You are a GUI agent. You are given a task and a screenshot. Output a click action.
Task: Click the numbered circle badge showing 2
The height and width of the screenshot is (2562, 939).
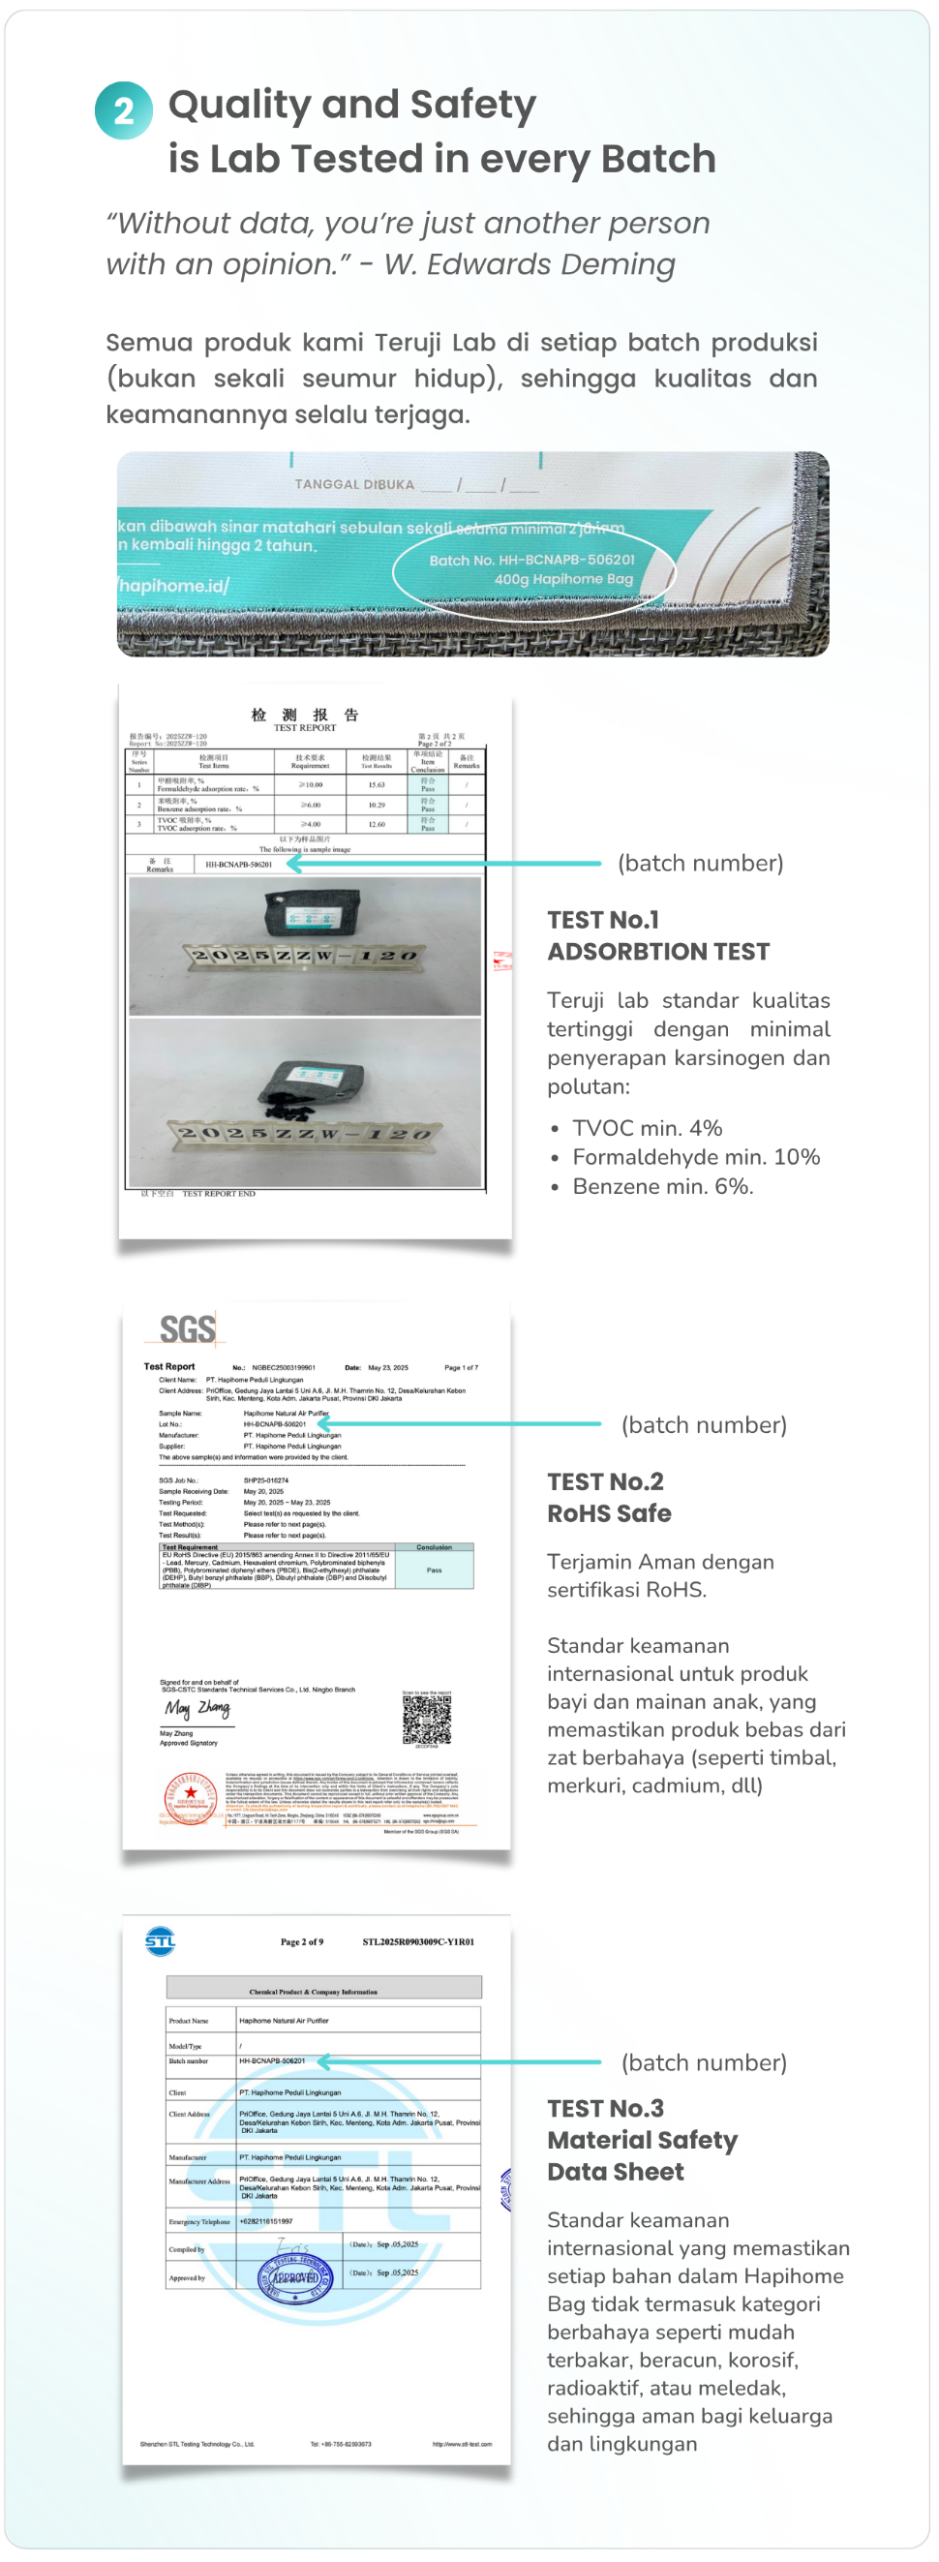123,110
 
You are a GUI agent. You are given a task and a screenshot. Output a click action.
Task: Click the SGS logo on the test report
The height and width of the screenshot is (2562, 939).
187,1328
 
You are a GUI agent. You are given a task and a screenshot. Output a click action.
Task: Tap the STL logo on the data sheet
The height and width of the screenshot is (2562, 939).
160,1940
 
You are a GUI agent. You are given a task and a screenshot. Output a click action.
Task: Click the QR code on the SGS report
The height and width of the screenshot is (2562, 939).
427,1719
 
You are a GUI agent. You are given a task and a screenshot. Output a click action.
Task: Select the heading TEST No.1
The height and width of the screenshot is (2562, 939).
603,920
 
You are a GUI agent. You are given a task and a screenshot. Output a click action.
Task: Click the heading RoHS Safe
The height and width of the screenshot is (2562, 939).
609,1512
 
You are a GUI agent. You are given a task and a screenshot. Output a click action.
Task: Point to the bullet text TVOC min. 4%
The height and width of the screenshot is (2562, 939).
647,1128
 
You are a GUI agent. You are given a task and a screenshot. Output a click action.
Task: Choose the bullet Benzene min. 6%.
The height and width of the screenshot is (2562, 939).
662,1185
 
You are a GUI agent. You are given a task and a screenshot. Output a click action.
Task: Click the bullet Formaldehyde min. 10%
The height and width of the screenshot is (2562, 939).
695,1157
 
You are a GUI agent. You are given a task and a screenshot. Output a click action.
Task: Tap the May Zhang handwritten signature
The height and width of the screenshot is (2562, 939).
197,1709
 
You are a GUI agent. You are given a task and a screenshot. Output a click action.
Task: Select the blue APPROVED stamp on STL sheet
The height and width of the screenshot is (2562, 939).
294,2276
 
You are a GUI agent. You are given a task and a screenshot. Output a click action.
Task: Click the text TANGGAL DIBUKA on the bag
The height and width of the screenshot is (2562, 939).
354,484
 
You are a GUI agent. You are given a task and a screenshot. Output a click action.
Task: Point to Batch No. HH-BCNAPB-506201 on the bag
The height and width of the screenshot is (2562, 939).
531,560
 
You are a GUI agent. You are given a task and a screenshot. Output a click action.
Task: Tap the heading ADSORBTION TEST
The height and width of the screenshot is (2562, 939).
657,952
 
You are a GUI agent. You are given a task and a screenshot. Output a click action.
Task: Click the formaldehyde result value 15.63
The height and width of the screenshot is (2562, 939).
376,784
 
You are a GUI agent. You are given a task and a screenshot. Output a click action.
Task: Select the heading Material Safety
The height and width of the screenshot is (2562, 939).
642,2139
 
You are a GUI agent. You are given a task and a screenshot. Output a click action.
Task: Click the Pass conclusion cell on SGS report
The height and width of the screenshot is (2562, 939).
434,1570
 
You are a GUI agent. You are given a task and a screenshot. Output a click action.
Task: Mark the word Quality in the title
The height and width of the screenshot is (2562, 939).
239,105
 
